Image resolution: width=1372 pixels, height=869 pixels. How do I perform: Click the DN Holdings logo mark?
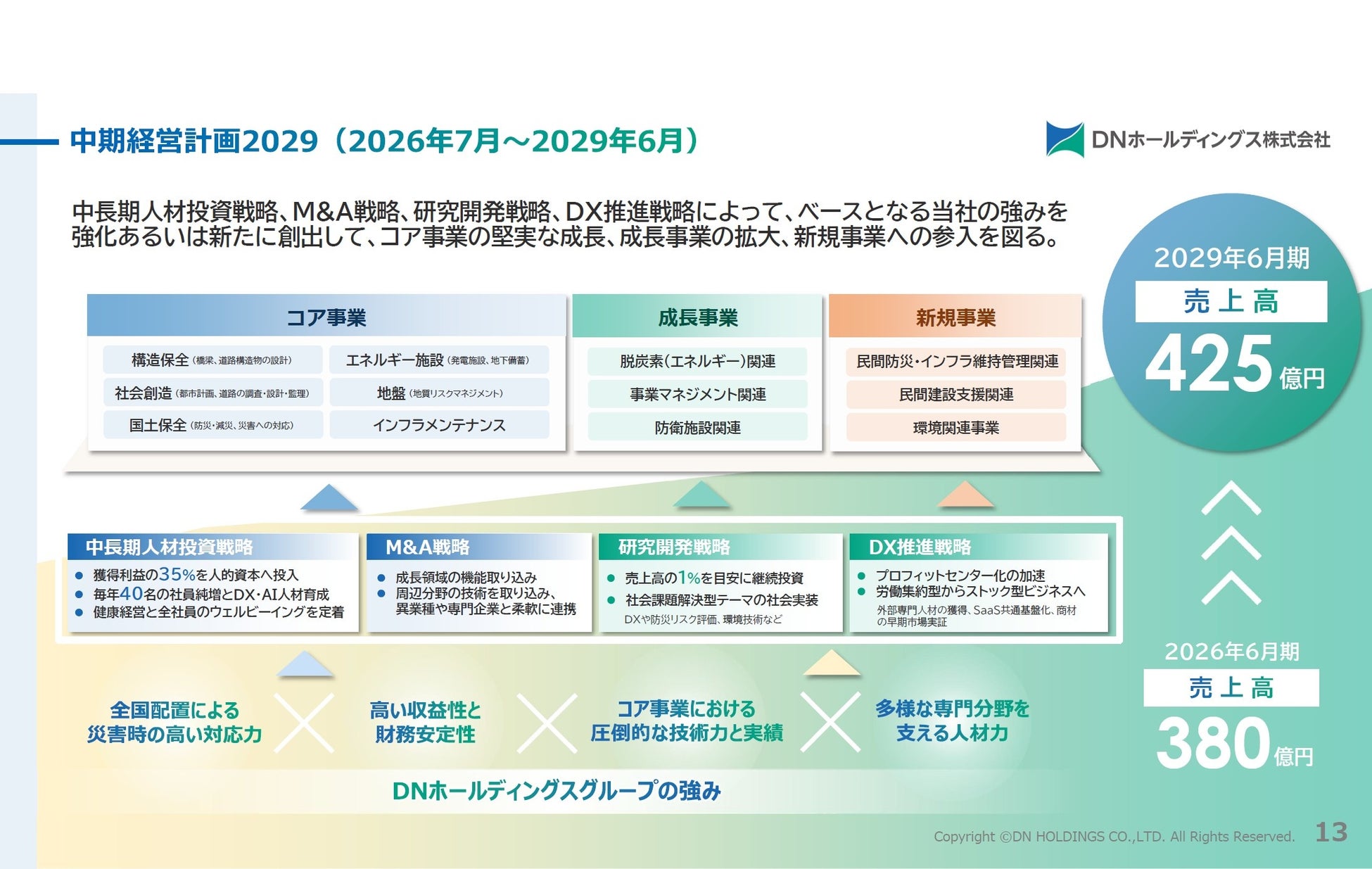click(1065, 139)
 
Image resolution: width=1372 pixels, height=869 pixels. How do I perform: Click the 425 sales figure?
click(1209, 363)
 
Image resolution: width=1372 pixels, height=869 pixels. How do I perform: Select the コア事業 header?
click(326, 317)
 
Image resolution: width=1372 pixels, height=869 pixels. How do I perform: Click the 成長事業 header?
click(697, 317)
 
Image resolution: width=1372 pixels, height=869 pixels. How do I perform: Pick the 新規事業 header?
click(955, 317)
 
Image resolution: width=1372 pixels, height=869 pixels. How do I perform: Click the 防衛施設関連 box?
click(697, 427)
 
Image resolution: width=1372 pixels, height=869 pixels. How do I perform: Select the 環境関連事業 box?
click(955, 427)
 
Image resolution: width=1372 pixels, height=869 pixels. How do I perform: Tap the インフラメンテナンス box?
click(439, 425)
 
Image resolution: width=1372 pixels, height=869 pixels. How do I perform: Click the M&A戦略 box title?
click(427, 547)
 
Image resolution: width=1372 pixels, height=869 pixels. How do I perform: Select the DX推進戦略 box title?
click(920, 547)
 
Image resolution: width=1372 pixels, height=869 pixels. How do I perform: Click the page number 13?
click(1330, 832)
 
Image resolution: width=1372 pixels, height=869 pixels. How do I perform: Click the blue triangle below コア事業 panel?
click(329, 497)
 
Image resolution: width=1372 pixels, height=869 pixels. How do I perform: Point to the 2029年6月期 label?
click(1231, 258)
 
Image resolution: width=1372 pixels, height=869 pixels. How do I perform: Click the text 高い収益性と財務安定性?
click(425, 722)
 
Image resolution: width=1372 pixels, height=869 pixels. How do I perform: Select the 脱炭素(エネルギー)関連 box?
click(697, 361)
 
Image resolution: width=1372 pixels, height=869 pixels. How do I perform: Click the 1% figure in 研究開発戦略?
click(689, 578)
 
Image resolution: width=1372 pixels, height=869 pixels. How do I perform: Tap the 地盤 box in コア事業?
click(439, 393)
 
